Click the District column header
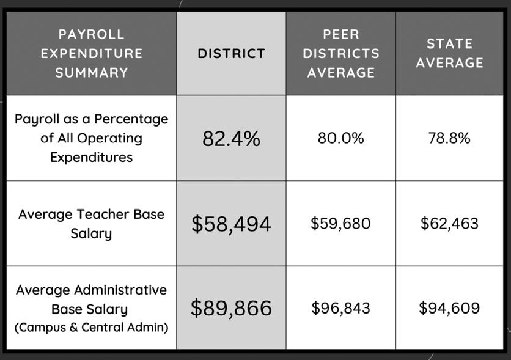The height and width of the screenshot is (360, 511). coord(231,53)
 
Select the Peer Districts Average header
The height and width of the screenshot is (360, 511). coord(340,53)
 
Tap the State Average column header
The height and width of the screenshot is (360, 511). coord(450,53)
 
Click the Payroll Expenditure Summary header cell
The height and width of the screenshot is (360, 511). coord(91,53)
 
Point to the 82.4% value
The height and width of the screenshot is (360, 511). coord(231,139)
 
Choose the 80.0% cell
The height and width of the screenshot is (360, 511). coord(340,138)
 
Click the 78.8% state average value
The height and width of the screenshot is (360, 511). coord(450,138)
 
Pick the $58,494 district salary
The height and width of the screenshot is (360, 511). coord(231,224)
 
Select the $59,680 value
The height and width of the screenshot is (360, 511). coord(340,224)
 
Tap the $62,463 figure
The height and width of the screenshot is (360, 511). coord(450,224)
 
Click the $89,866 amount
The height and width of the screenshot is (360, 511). coord(231,308)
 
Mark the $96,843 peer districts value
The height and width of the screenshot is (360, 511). coord(340,308)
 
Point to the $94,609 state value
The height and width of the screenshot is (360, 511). coord(450,308)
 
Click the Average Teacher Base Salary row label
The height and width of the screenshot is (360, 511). coord(91,224)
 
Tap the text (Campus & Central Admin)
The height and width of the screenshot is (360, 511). coord(91,328)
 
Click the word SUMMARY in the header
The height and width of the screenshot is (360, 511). coord(91,72)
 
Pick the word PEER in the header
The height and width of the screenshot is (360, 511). coord(340,34)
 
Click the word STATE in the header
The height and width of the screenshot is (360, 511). coord(450,44)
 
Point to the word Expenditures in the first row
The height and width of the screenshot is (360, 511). coord(91,157)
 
